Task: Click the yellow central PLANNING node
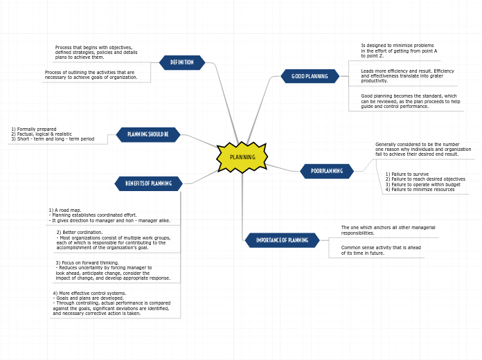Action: (x=242, y=157)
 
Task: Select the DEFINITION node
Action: (x=182, y=62)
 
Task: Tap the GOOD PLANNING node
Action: (x=310, y=76)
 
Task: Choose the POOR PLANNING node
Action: (x=327, y=171)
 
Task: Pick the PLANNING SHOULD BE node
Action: (x=148, y=134)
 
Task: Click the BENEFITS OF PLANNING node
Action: (x=148, y=183)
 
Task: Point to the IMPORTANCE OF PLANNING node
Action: (x=282, y=240)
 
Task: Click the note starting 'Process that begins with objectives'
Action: (x=96, y=52)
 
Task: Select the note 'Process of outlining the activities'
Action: (x=91, y=75)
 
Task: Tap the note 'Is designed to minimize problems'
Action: (x=399, y=50)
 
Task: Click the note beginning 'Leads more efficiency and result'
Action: (x=407, y=75)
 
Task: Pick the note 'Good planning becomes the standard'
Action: (x=410, y=101)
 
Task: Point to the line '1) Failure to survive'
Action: (x=407, y=174)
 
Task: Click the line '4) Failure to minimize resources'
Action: (x=420, y=189)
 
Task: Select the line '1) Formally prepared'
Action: (x=34, y=129)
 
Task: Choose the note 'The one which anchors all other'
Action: (x=388, y=230)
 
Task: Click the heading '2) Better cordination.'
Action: (x=79, y=232)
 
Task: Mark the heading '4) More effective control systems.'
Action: (x=89, y=293)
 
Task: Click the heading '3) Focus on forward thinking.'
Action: (x=87, y=262)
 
